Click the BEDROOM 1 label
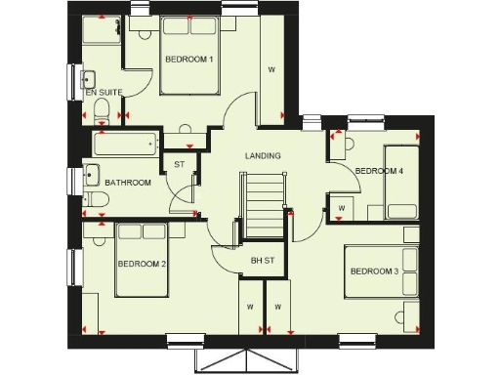(188, 60)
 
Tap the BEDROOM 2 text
(141, 264)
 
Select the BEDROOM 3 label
(374, 271)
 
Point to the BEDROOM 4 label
(378, 171)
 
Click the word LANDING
(263, 155)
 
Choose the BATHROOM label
(128, 183)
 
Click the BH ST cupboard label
(263, 260)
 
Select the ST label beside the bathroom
(179, 165)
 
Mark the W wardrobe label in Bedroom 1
(271, 69)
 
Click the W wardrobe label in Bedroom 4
(341, 208)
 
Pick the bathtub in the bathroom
(124, 146)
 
